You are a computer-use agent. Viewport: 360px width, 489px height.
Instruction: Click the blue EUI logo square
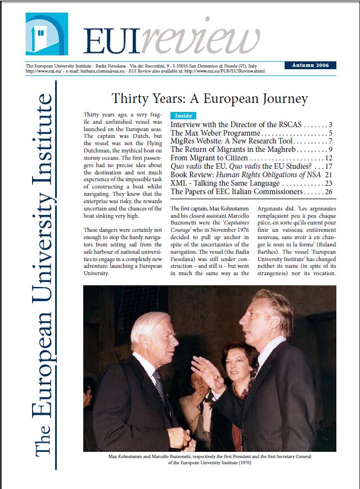(x=47, y=34)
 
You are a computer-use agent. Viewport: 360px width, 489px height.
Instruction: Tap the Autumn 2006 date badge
(x=310, y=65)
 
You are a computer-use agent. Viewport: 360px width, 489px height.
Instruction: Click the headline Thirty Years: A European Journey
(x=210, y=99)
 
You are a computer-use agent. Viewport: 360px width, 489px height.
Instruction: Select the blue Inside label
(x=183, y=115)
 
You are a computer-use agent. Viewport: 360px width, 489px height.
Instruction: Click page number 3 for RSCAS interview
(x=331, y=124)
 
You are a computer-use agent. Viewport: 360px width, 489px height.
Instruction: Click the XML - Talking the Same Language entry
(x=225, y=183)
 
